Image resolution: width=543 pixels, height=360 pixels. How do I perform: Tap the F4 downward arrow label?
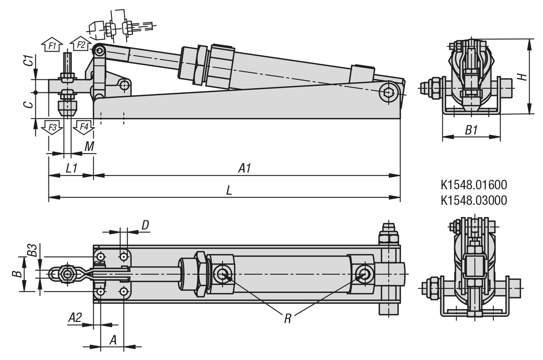tap(84, 127)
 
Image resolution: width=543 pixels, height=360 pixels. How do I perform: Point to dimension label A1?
tap(245, 168)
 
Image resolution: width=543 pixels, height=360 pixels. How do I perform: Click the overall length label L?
tap(229, 191)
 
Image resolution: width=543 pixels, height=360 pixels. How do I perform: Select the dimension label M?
tap(90, 146)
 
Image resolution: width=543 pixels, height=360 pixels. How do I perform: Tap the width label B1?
tap(472, 131)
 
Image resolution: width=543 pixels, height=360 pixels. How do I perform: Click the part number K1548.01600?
tap(473, 185)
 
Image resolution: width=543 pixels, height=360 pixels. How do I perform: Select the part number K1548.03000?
tap(473, 200)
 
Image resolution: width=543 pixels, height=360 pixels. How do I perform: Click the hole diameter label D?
tap(145, 225)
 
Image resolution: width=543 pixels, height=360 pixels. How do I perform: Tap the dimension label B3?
tap(31, 250)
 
